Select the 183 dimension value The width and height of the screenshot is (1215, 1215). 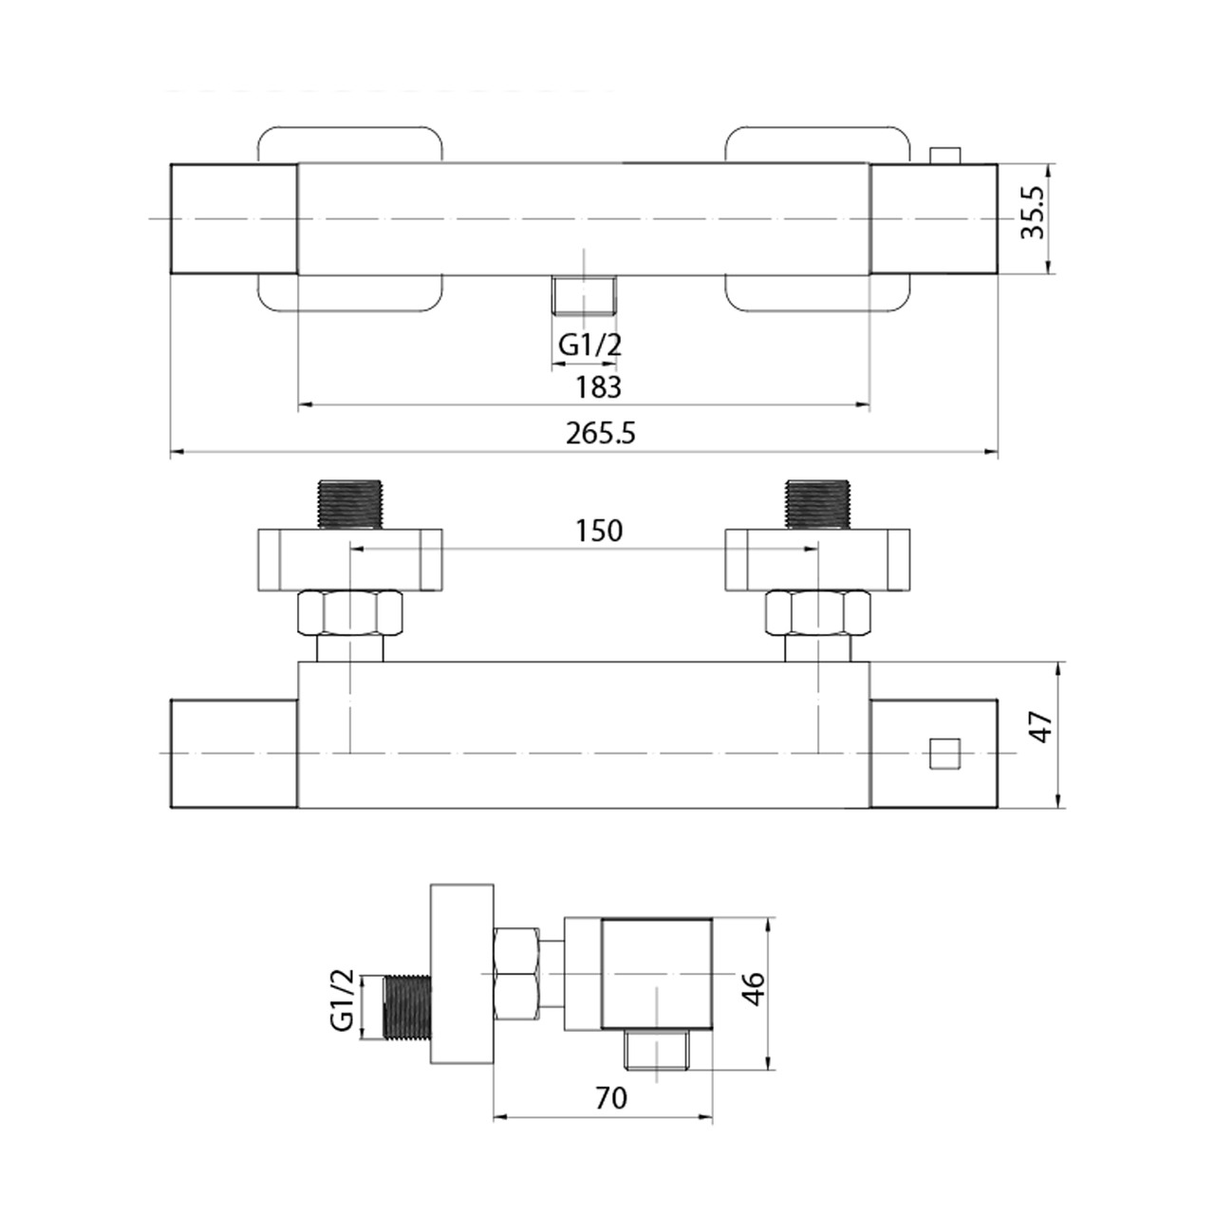point(598,387)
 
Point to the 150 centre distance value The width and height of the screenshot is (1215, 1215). point(599,531)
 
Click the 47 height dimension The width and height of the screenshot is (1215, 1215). point(1039,726)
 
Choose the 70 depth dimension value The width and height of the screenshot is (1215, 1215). point(611,1098)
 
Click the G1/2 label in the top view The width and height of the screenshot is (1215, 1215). point(590,345)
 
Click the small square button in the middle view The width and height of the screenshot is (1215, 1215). point(945,754)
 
